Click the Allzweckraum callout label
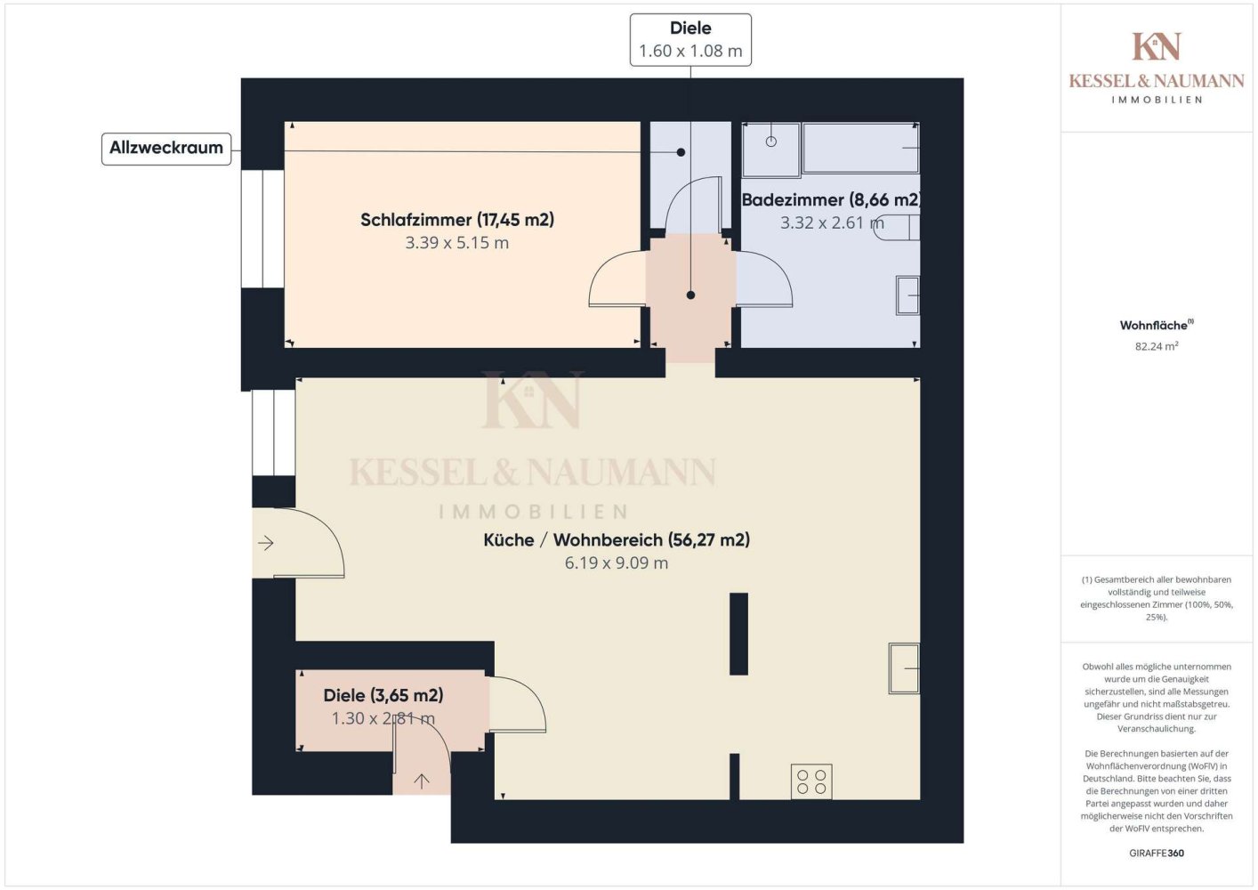(x=166, y=149)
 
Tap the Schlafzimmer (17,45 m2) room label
(x=457, y=220)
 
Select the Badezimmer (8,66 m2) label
(x=831, y=200)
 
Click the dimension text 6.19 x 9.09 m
(x=616, y=563)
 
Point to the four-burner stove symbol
(x=811, y=781)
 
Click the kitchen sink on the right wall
(x=904, y=668)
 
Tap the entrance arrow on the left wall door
(x=266, y=543)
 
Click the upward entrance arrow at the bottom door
(x=422, y=781)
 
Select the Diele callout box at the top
(x=690, y=40)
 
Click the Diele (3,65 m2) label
(x=383, y=696)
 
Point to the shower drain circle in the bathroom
(x=771, y=142)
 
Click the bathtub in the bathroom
(x=861, y=148)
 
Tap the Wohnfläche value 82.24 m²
(x=1157, y=346)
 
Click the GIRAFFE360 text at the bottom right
(x=1157, y=853)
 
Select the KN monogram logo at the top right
(x=1157, y=46)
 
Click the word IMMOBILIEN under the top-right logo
(x=1157, y=100)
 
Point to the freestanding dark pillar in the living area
(x=738, y=634)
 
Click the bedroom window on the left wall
(x=262, y=229)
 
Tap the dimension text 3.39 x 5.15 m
(x=457, y=243)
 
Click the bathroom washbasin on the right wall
(x=907, y=295)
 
